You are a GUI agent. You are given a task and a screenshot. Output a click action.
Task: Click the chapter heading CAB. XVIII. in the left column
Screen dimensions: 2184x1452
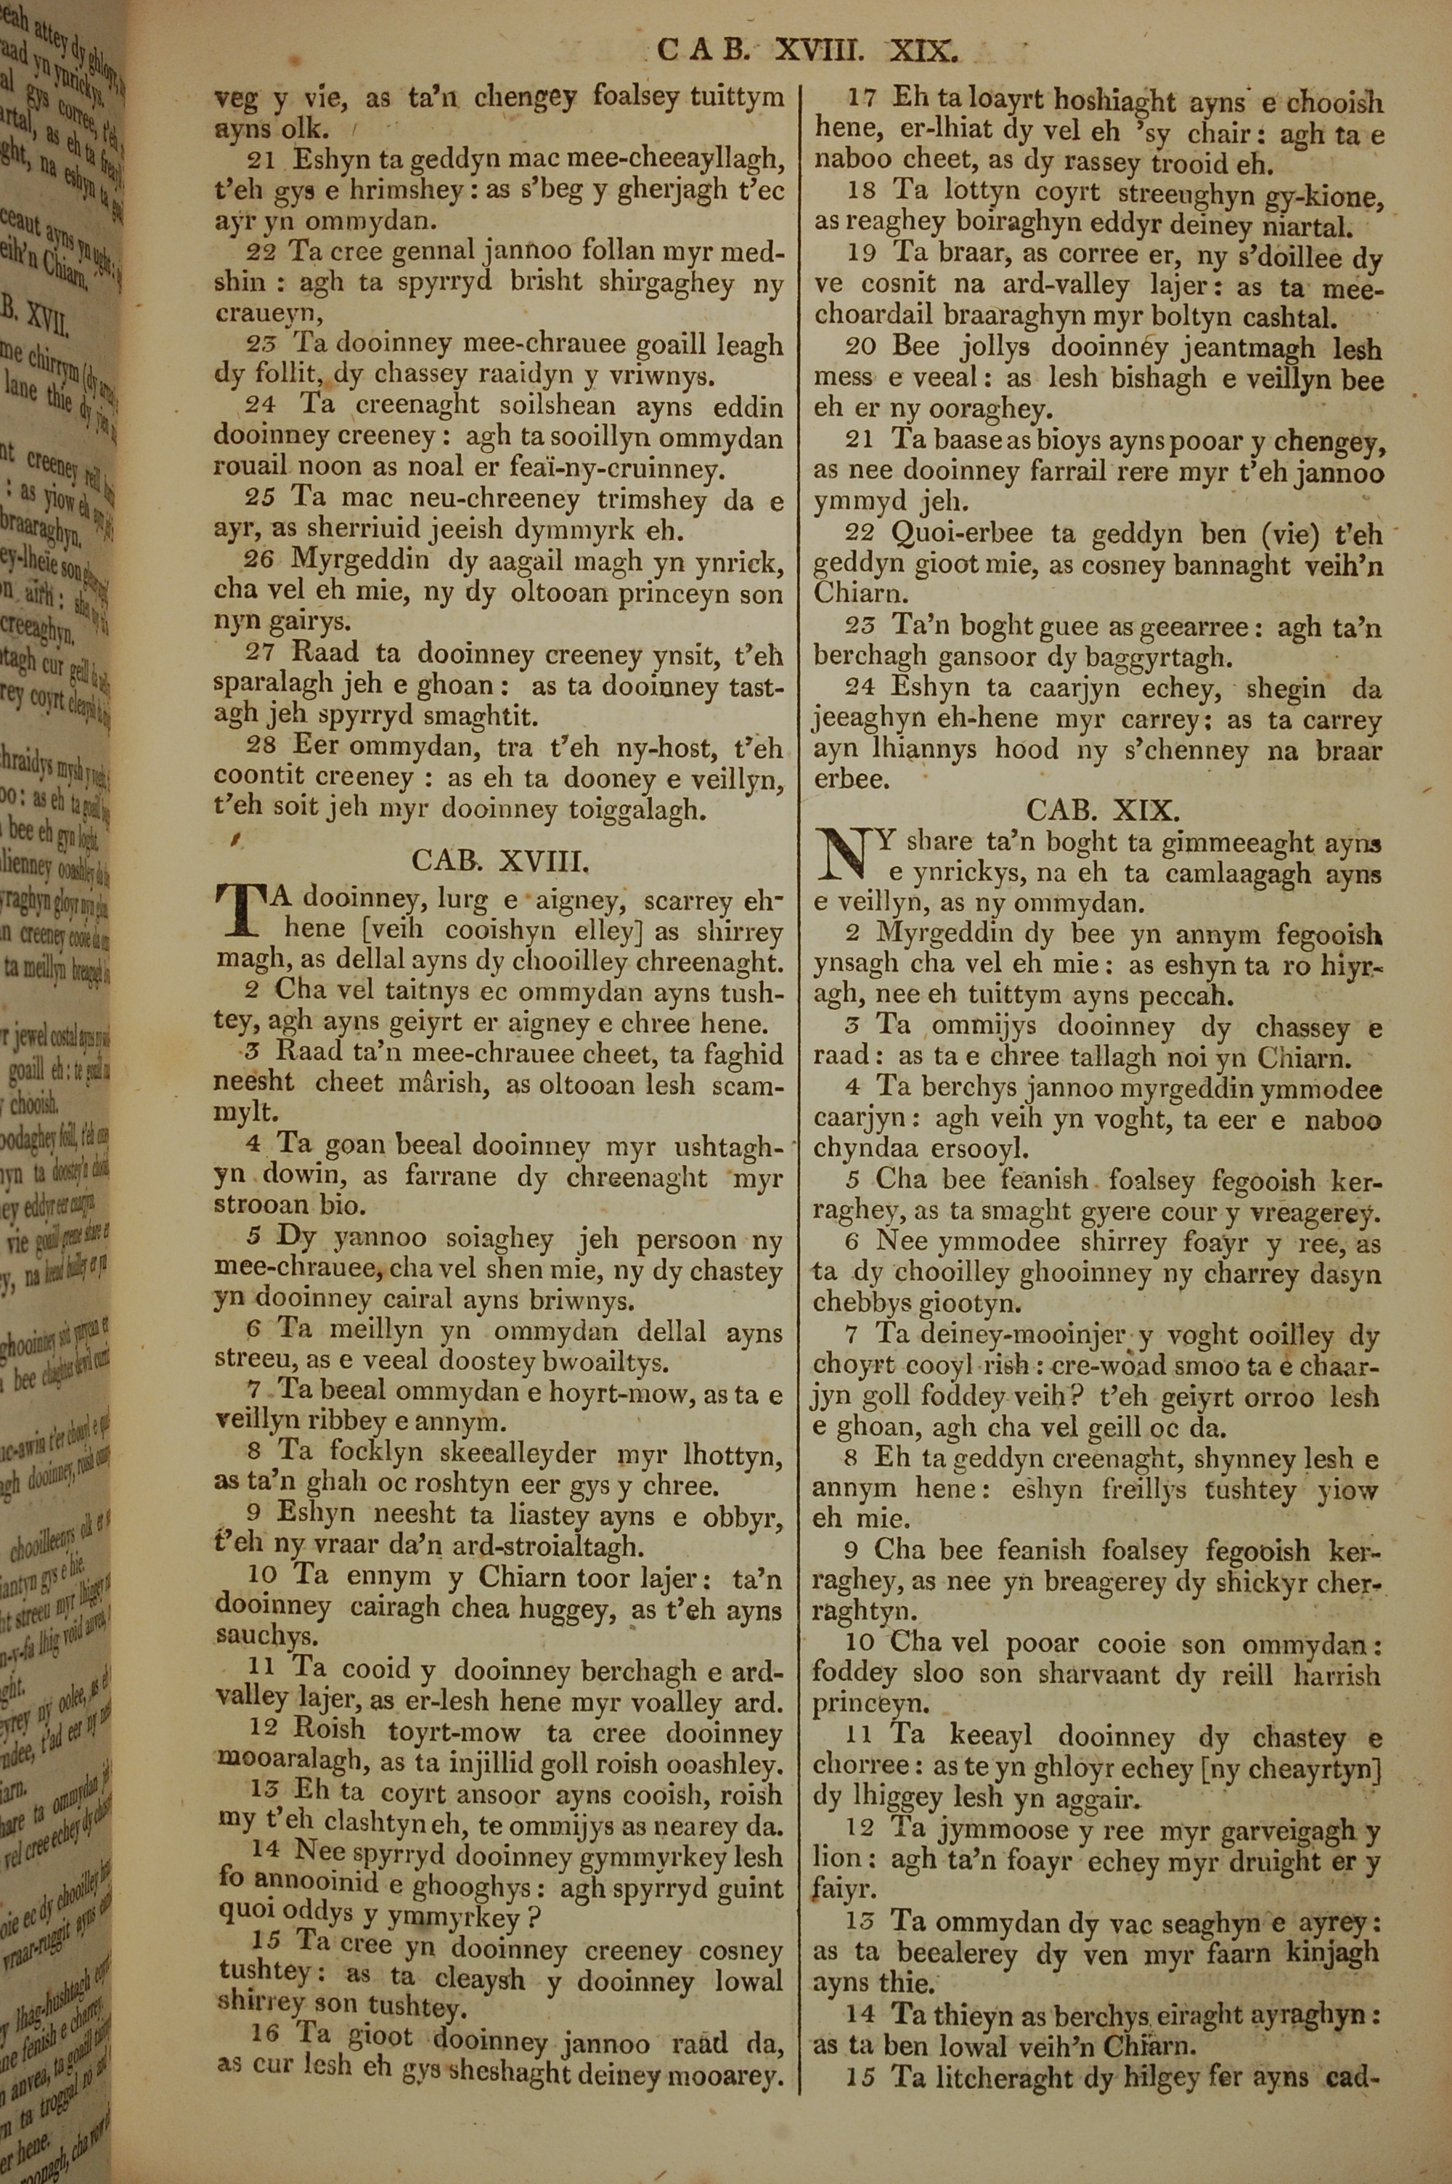(500, 863)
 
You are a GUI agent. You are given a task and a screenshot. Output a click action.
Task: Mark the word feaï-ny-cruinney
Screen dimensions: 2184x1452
(623, 471)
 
